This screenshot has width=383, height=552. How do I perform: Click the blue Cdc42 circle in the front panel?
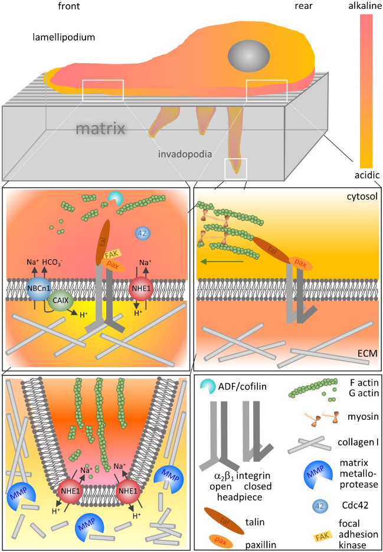point(143,233)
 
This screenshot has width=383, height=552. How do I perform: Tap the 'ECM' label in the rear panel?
point(367,354)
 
